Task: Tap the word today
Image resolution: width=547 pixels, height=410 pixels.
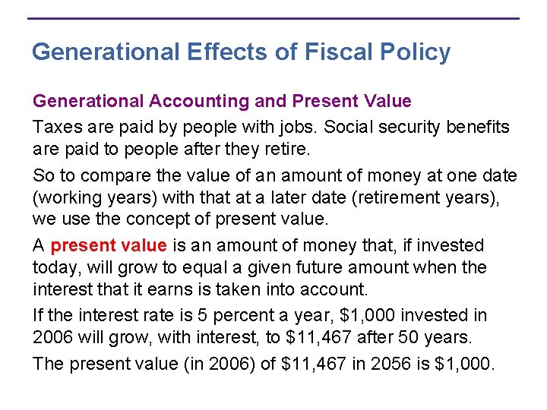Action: tap(54, 267)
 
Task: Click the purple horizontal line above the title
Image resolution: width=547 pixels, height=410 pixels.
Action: tap(273, 18)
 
